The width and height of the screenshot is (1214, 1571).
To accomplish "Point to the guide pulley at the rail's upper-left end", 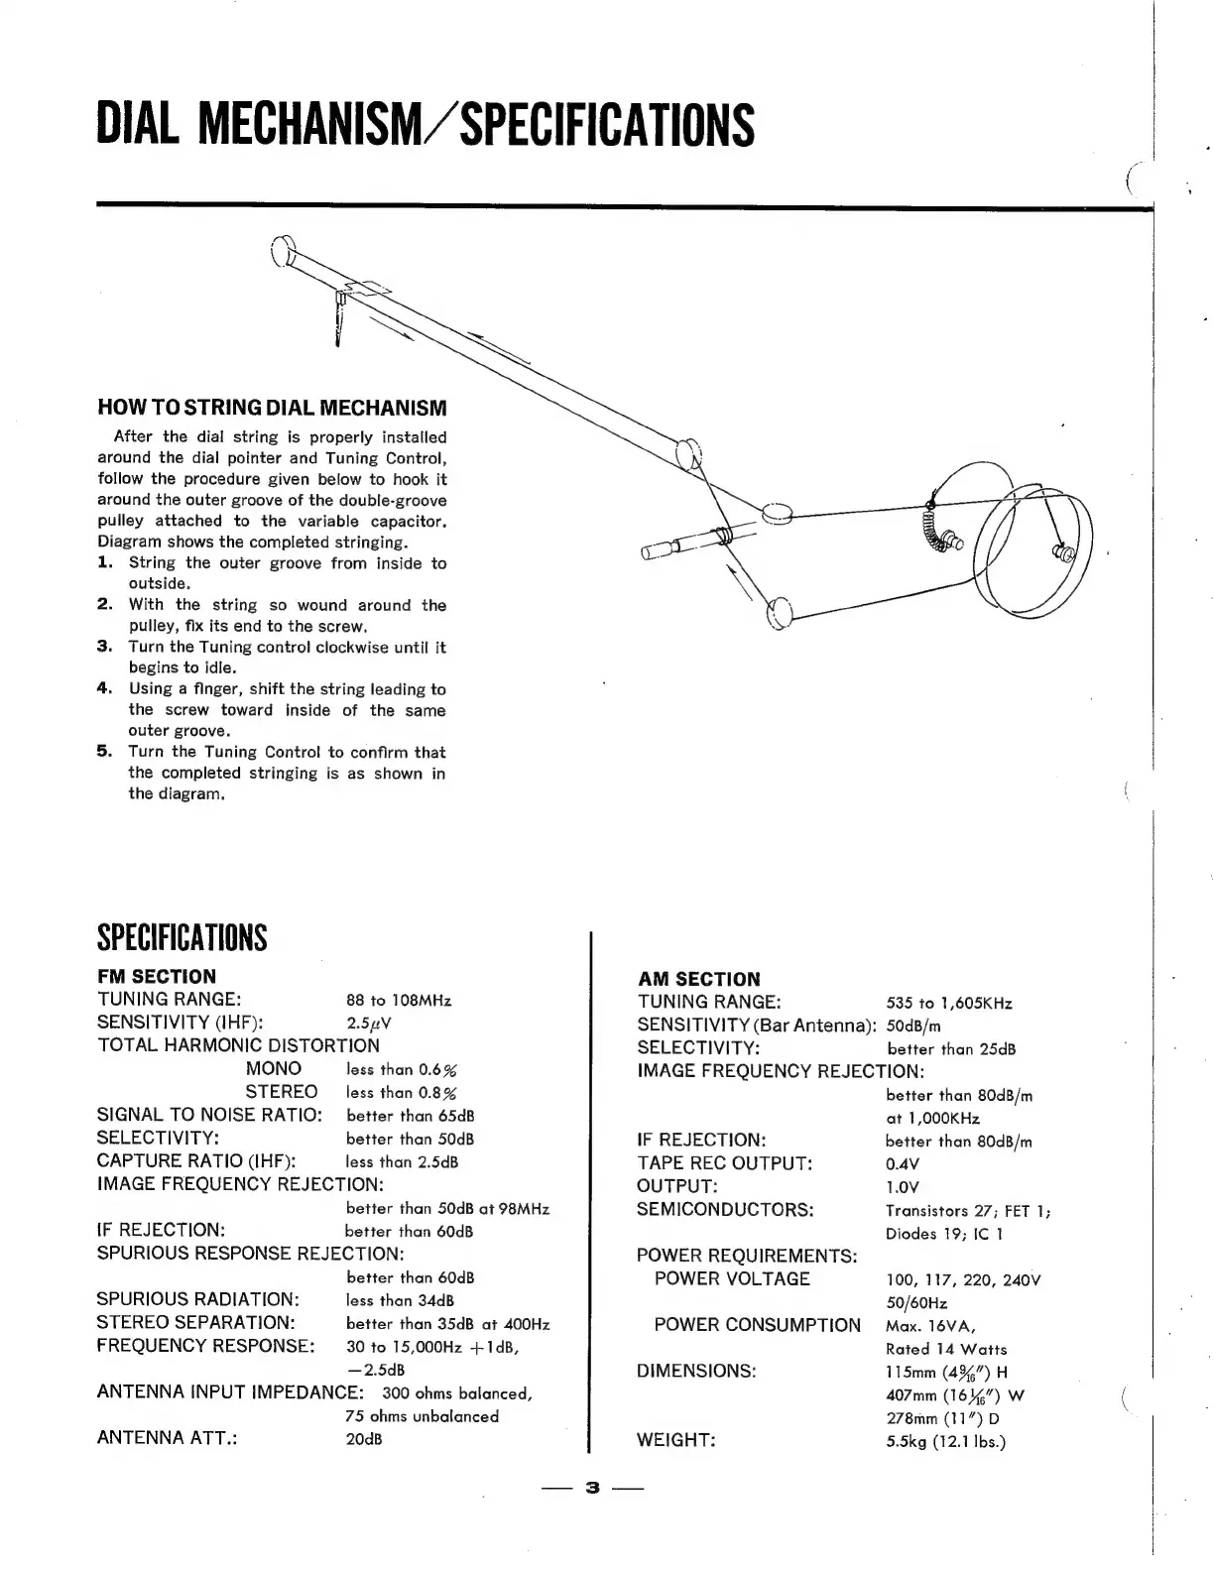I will (281, 252).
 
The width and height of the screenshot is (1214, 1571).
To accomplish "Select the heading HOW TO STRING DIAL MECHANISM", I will (272, 408).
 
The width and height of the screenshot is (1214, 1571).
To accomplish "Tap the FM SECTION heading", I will (156, 976).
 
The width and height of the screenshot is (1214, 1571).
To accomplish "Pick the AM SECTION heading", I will (698, 979).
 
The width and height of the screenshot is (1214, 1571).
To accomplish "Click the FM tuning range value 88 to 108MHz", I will (399, 1000).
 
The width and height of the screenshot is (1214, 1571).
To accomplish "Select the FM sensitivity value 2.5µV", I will (369, 1023).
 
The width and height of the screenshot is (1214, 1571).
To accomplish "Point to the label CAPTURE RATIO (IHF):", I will (198, 1160).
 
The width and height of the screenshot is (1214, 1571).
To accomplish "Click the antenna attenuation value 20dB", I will (364, 1438).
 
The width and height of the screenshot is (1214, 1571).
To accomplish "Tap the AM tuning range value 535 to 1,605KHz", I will (949, 1003).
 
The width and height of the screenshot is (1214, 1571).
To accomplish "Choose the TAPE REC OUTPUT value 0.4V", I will (903, 1163).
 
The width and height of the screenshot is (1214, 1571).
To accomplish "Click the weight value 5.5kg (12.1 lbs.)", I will (946, 1441).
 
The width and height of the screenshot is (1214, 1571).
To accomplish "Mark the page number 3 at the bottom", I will (593, 1488).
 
